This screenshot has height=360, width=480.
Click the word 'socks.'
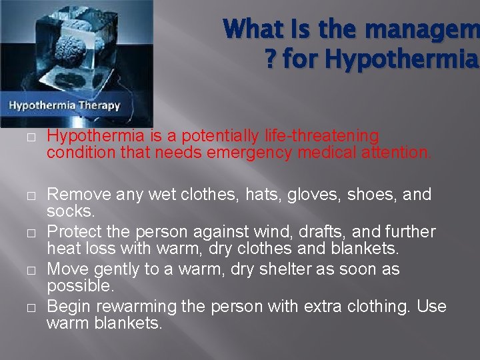pos(70,211)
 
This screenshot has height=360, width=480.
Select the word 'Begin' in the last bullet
pos(69,307)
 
